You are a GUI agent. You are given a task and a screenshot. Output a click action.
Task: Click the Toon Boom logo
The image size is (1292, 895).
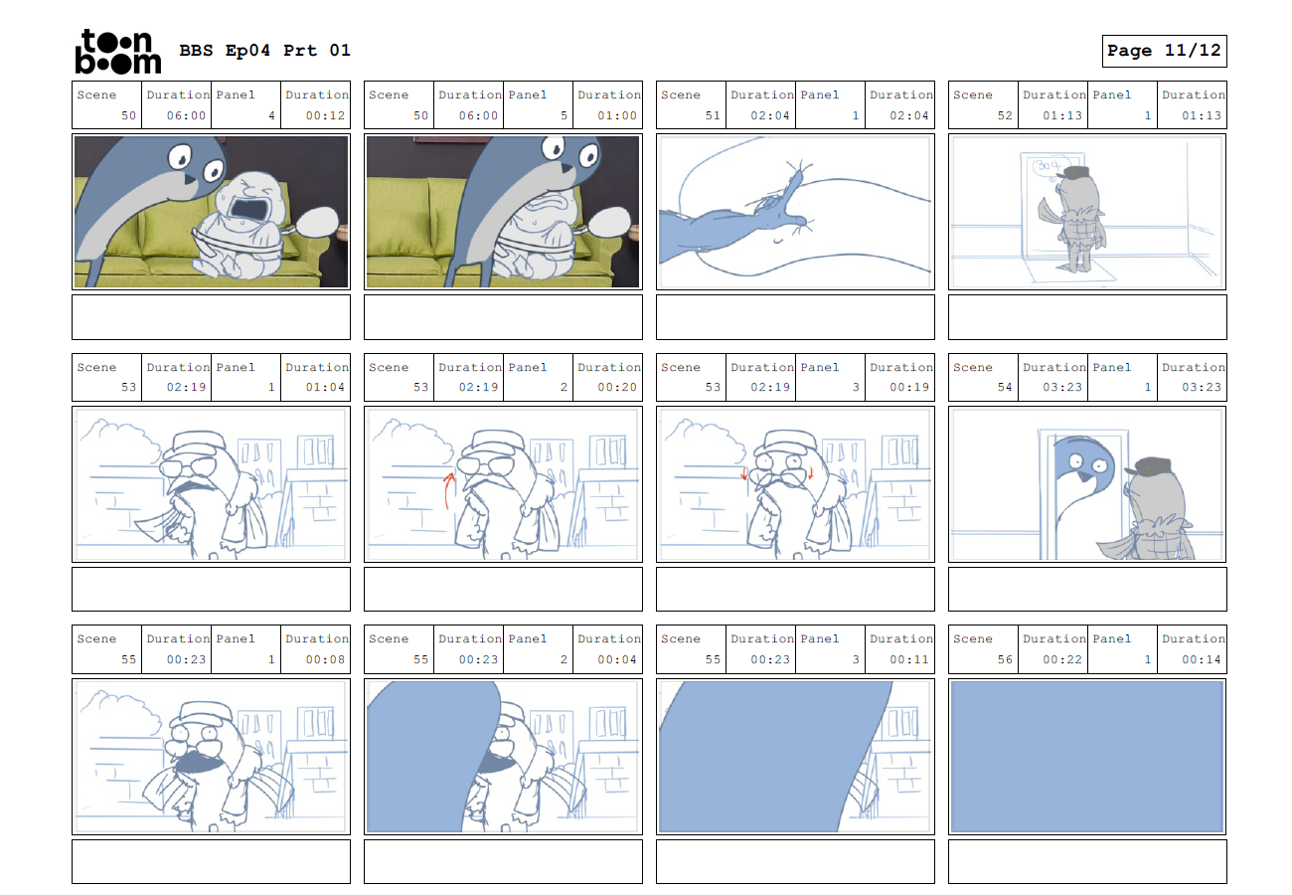pos(118,51)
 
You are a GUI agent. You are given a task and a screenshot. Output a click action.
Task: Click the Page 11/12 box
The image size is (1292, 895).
pos(1164,51)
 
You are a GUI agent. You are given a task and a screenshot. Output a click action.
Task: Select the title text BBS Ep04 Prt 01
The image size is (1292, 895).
pos(264,50)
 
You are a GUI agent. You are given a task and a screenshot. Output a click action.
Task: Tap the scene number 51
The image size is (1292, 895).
pos(713,115)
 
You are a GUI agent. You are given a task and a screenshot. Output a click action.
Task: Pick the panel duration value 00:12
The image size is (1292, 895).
pos(325,115)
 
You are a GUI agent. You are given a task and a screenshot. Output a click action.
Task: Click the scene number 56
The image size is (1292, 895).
pos(1005,659)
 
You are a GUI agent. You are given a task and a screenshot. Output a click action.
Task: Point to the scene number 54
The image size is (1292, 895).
pos(1005,387)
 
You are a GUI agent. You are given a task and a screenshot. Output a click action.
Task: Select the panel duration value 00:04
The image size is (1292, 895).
pos(616,659)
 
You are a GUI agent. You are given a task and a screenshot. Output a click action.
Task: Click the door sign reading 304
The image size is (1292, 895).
pos(1047,166)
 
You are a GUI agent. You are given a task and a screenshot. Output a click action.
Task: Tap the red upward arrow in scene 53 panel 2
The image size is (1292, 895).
pos(447,491)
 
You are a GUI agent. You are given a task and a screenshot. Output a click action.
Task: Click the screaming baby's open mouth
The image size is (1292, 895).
pos(248,208)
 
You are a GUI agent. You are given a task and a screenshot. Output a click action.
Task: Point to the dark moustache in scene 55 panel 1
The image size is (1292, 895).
pos(198,761)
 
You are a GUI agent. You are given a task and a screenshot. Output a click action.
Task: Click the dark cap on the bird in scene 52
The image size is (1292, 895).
pos(1075,173)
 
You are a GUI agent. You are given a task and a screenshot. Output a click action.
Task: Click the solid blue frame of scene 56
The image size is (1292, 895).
pos(1087,757)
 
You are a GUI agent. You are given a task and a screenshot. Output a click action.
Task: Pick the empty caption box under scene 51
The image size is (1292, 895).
pos(795,317)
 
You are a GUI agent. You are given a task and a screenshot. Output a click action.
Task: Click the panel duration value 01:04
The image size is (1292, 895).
pos(325,387)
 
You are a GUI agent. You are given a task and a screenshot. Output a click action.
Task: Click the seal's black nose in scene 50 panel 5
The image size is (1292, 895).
pos(567,168)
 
